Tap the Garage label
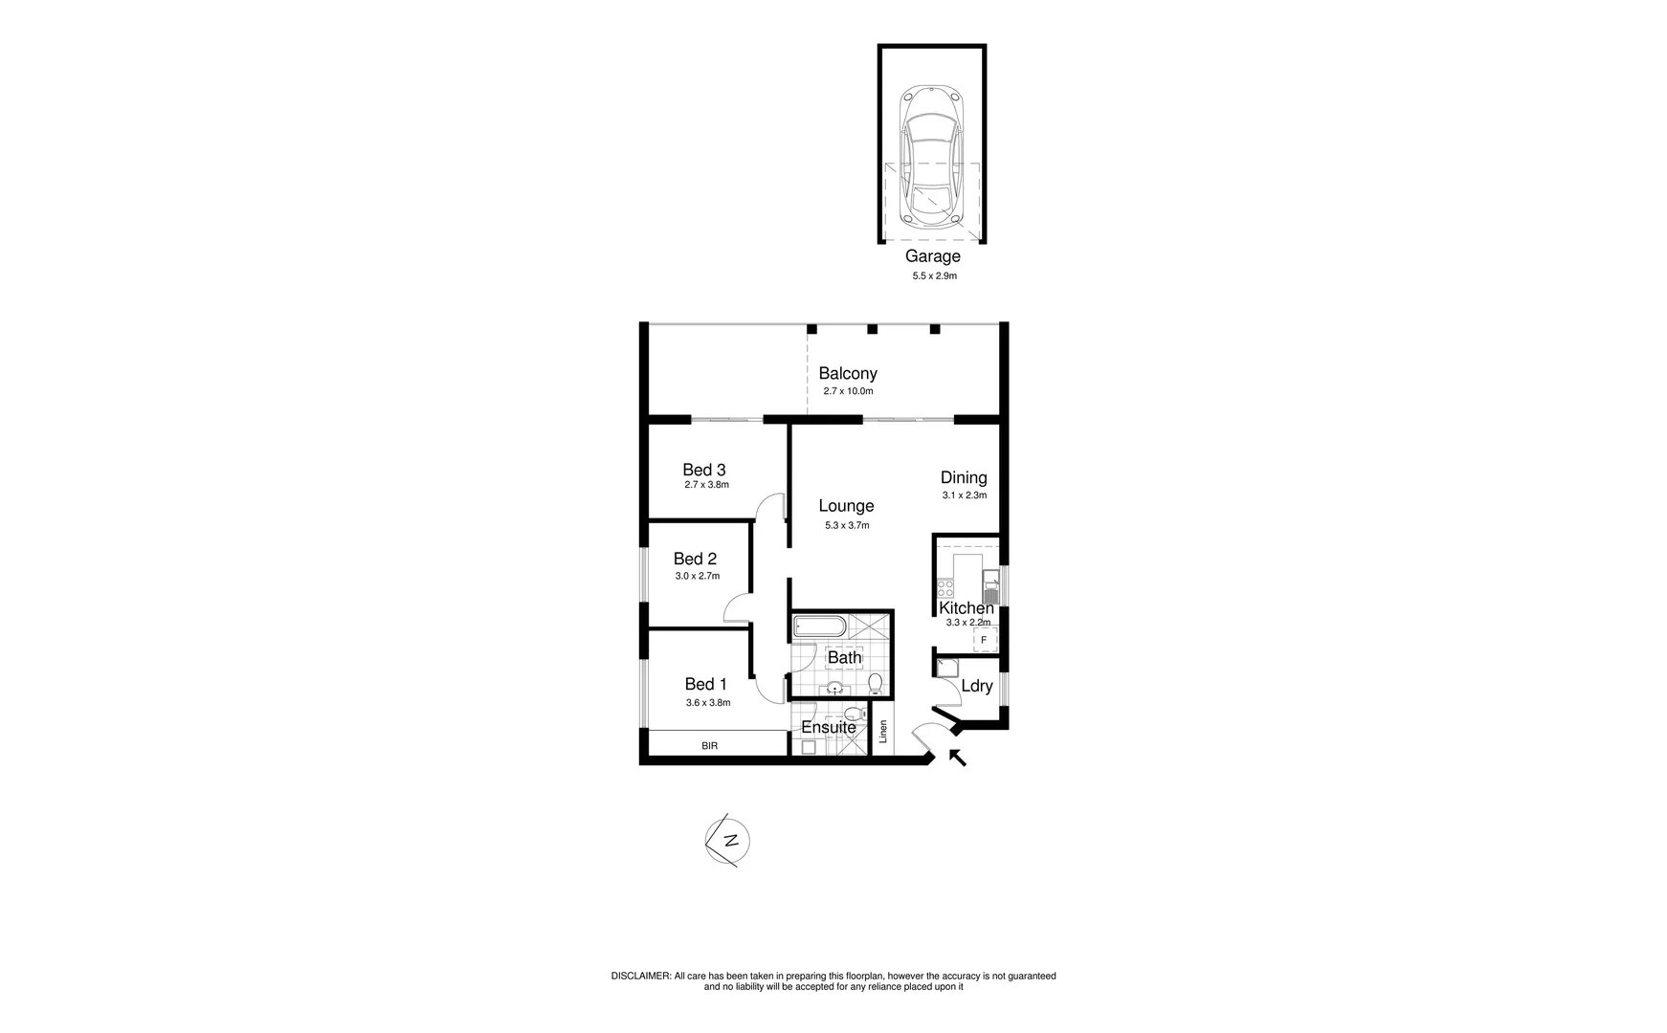pos(932,256)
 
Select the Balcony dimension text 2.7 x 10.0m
pos(848,391)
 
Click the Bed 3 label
pos(703,470)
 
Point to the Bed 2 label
pos(695,559)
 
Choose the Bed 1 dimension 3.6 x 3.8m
pos(707,703)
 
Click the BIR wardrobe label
pos(709,745)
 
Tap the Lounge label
pos(846,506)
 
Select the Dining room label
pos(963,477)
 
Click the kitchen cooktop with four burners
pos(946,588)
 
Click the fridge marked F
pos(983,640)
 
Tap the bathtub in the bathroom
pos(819,627)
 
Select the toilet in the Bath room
pos(875,682)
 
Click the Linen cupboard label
pos(883,732)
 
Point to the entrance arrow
pos(957,758)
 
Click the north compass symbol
pos(729,842)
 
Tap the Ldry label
pos(976,686)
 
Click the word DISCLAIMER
pos(640,976)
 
